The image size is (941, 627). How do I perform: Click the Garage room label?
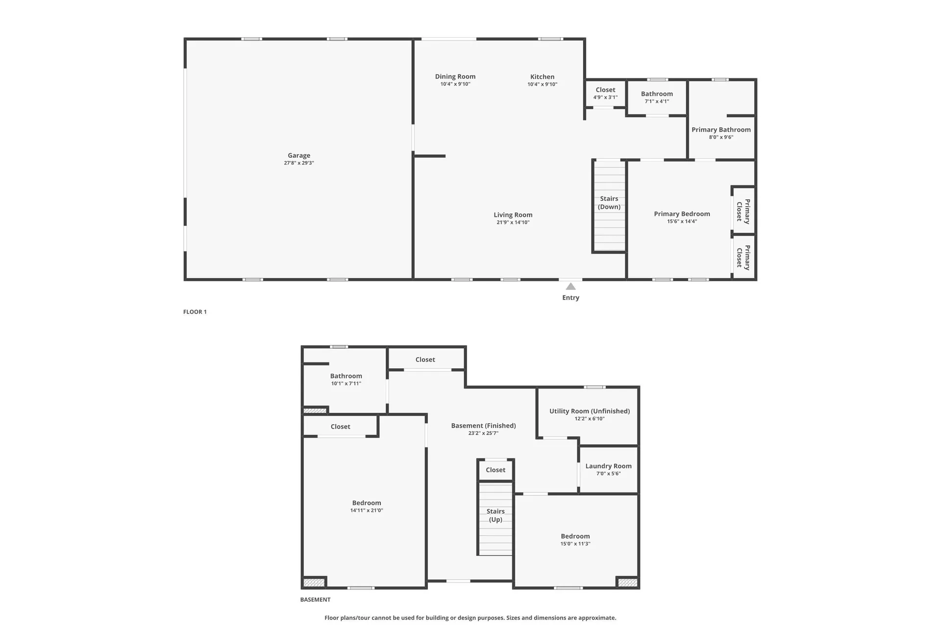(x=299, y=155)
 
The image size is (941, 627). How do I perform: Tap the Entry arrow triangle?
(x=570, y=287)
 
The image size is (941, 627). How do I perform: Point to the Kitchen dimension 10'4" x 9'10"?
(x=542, y=84)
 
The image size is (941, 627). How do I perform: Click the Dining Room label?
(x=455, y=76)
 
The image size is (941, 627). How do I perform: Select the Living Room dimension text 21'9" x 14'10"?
(x=513, y=222)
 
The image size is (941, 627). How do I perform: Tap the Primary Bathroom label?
(x=721, y=130)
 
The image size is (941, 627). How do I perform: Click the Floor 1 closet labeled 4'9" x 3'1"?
(x=605, y=93)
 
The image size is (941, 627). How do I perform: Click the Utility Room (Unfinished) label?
(x=589, y=411)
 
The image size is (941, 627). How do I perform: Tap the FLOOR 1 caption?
(x=195, y=312)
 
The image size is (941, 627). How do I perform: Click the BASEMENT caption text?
(x=315, y=600)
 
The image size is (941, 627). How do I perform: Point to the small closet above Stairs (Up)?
(x=495, y=470)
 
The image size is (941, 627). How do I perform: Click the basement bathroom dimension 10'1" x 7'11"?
(x=346, y=384)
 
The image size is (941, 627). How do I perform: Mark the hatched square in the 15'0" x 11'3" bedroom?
(x=627, y=582)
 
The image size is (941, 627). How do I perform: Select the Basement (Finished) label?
(x=483, y=426)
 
